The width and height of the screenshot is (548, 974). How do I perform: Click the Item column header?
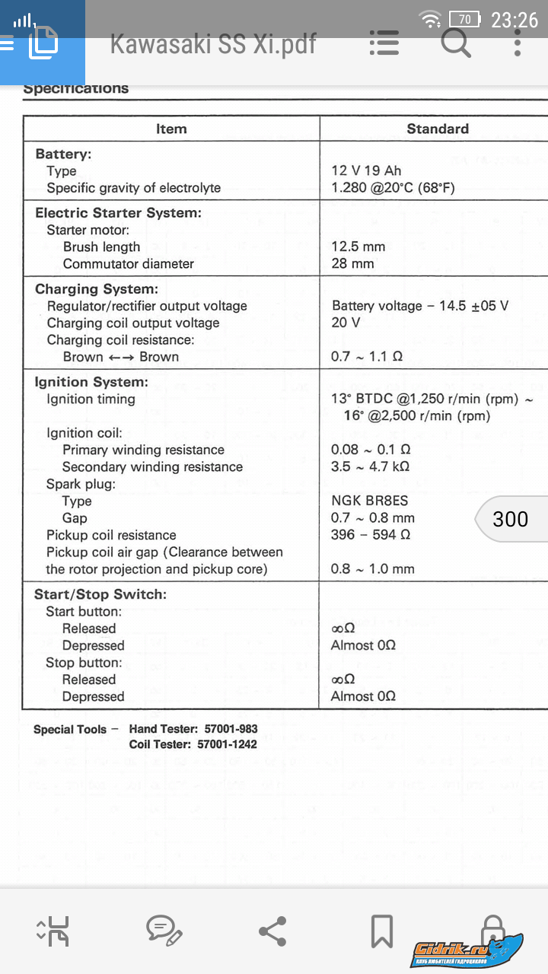point(171,129)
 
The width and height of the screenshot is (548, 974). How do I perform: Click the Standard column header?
point(438,129)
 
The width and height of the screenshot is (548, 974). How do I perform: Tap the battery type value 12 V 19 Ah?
point(366,170)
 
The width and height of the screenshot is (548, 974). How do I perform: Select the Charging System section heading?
point(97,289)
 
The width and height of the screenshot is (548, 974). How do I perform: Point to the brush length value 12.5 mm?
point(358,247)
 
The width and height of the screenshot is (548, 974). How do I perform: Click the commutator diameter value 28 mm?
point(352,263)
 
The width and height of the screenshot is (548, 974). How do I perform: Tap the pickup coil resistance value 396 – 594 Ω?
point(371,535)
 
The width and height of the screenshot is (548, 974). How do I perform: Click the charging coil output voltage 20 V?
point(346,323)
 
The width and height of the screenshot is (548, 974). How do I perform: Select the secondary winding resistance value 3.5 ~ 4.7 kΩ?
point(371,466)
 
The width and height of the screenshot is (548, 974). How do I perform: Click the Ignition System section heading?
point(91,382)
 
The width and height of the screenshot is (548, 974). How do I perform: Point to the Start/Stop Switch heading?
point(100,594)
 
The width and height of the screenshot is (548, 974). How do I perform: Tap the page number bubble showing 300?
point(510,519)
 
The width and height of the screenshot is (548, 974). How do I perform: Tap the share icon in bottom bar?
point(272,931)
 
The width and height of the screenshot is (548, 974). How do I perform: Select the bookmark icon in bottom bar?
point(381,931)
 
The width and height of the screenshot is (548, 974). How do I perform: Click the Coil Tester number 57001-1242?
point(227,744)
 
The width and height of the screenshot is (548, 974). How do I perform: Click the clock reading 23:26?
point(515,19)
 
